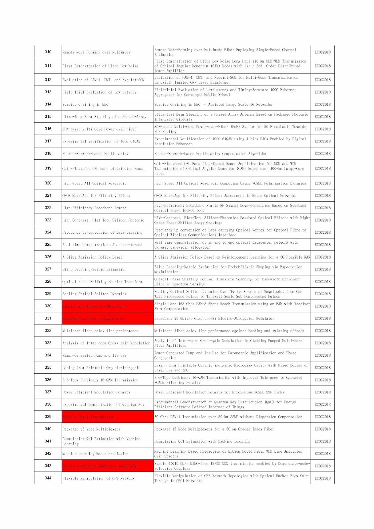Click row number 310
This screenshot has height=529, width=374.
tap(48, 52)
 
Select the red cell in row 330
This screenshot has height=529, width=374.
tap(107, 306)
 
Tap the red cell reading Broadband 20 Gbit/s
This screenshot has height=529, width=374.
tap(107, 318)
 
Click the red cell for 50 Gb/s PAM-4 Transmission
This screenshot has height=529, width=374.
tap(107, 417)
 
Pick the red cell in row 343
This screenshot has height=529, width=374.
tap(107, 466)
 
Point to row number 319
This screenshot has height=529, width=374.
tap(48, 168)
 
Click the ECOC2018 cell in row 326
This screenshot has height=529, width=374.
tap(322, 257)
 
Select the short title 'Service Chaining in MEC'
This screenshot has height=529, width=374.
tap(85, 104)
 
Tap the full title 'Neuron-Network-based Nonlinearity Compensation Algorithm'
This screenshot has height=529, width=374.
tap(210, 154)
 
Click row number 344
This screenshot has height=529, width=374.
tap(48, 478)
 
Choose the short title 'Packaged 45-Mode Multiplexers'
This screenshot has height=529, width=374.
tap(91, 429)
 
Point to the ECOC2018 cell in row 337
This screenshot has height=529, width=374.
tap(322, 392)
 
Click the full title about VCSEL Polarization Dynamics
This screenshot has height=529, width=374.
tap(230, 183)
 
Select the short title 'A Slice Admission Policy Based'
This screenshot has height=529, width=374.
tap(92, 257)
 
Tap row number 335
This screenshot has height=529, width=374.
tap(48, 367)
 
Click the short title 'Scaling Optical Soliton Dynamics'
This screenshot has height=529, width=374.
tap(94, 294)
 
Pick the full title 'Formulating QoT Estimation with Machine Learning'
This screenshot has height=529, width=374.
tap(202, 441)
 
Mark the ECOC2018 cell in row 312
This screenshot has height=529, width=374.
tap(322, 80)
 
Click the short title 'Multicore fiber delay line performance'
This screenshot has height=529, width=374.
tap(100, 331)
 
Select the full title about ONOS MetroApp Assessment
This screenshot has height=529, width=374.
tap(225, 196)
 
